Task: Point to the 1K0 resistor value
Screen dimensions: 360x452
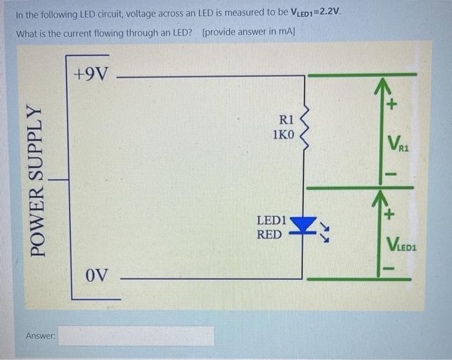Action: tap(283, 135)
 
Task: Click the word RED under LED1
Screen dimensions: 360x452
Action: tap(269, 234)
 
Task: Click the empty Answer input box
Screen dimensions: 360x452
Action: tap(137, 335)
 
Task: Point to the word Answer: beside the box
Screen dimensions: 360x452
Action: tap(41, 335)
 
